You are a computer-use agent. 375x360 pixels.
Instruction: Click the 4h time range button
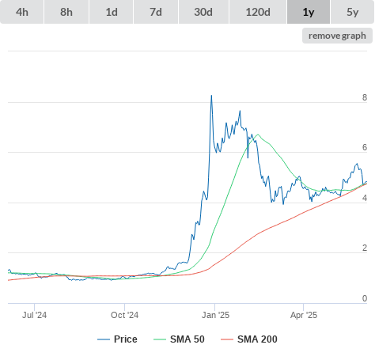22,12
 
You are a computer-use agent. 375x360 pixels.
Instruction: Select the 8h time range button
66,12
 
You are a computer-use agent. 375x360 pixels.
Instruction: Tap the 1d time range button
112,12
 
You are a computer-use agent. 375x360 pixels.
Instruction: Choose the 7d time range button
156,12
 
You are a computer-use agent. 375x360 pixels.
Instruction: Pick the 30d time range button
203,12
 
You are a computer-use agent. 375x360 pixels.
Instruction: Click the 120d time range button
258,12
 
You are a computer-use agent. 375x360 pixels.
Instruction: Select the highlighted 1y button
309,12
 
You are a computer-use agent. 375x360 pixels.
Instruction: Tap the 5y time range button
353,12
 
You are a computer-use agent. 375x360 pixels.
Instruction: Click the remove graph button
337,36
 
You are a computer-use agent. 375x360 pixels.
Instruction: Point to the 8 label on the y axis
365,97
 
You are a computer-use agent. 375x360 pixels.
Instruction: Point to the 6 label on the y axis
365,147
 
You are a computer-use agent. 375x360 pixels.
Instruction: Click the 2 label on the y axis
365,248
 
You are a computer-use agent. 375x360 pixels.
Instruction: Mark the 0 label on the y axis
365,298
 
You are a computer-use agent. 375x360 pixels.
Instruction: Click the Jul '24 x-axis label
34,315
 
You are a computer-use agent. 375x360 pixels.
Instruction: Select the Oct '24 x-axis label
124,315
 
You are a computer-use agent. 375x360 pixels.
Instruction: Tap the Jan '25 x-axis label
215,315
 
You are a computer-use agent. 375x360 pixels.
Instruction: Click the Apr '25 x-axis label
304,315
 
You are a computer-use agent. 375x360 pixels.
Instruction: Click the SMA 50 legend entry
179,339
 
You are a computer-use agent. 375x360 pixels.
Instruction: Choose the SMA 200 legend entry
249,339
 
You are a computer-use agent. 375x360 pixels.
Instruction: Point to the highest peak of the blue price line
211,96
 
